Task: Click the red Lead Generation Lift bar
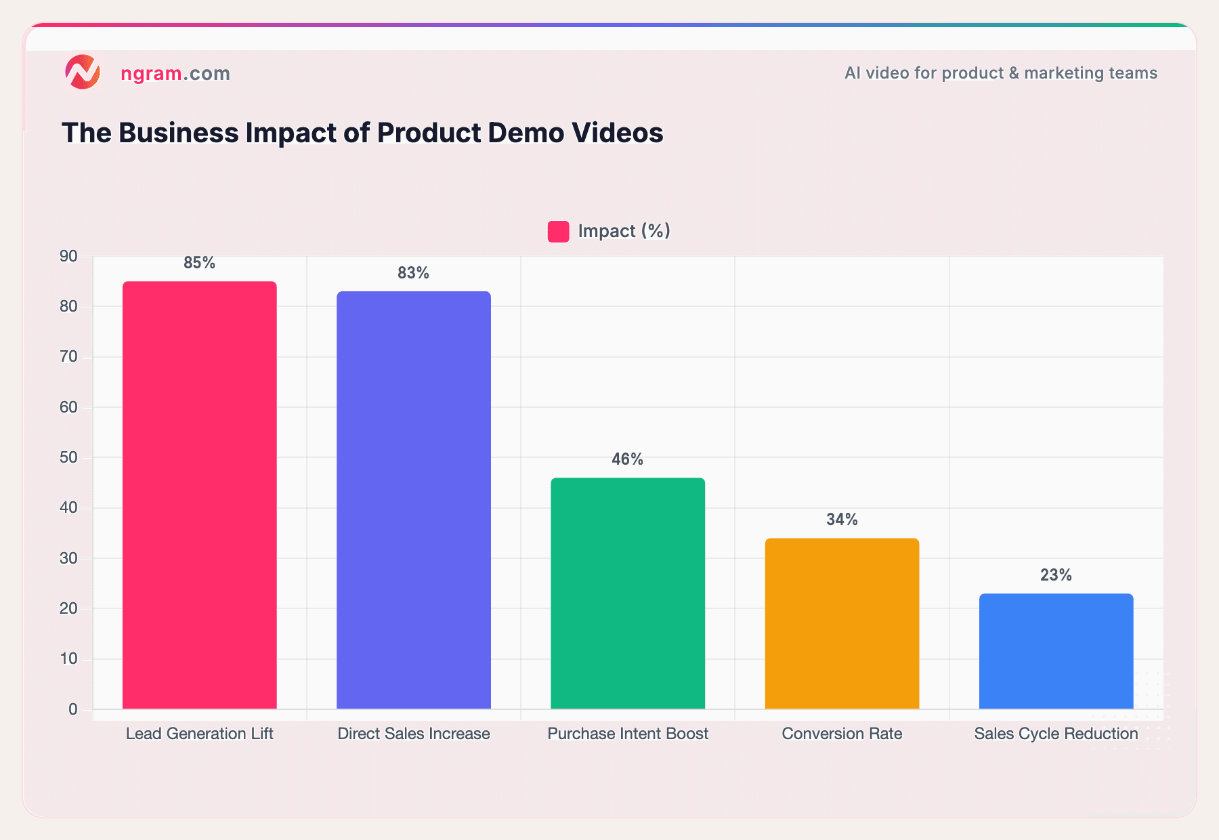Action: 199,495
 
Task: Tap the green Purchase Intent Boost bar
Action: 628,593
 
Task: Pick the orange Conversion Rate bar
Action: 842,623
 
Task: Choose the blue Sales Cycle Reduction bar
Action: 1056,651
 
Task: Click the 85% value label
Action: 199,263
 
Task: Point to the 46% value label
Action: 627,459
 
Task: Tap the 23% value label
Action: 1056,575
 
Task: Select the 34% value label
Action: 842,520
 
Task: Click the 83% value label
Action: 413,273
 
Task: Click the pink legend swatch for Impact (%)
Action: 558,232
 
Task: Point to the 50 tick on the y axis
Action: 68,458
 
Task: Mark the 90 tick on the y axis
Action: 68,256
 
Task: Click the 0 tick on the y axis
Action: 72,709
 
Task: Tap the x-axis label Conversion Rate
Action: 842,734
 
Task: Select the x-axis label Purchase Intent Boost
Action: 628,734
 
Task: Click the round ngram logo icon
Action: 83,72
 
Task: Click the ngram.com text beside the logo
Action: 175,73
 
